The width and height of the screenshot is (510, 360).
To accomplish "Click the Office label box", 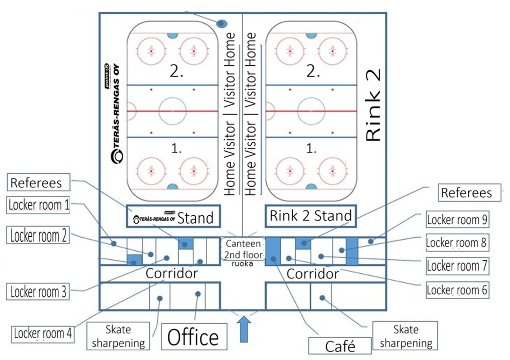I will pyautogui.click(x=194, y=337).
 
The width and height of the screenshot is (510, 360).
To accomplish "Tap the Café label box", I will pyautogui.click(x=340, y=346).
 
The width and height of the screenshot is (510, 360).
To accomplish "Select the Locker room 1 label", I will pyautogui.click(x=38, y=205).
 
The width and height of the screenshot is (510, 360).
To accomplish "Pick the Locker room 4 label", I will pyautogui.click(x=43, y=333).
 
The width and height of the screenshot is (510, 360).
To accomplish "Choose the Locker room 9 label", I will pyautogui.click(x=457, y=220).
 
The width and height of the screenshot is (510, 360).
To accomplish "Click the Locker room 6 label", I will pyautogui.click(x=457, y=290).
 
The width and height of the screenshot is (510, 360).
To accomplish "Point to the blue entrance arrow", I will pyautogui.click(x=244, y=329).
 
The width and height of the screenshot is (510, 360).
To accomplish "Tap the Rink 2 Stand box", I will pyautogui.click(x=310, y=216).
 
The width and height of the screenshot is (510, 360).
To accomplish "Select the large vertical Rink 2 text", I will pyautogui.click(x=373, y=105).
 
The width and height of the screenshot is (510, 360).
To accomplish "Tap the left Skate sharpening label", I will pyautogui.click(x=118, y=336).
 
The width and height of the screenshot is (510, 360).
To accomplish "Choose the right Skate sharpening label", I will pyautogui.click(x=405, y=336).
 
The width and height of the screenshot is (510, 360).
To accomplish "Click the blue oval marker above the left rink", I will pyautogui.click(x=222, y=24).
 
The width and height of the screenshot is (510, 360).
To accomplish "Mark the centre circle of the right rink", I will pyautogui.click(x=311, y=111).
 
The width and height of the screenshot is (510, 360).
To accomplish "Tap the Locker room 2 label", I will pyautogui.click(x=38, y=236).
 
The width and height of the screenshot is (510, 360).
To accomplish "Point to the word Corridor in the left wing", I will pyautogui.click(x=172, y=273).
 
